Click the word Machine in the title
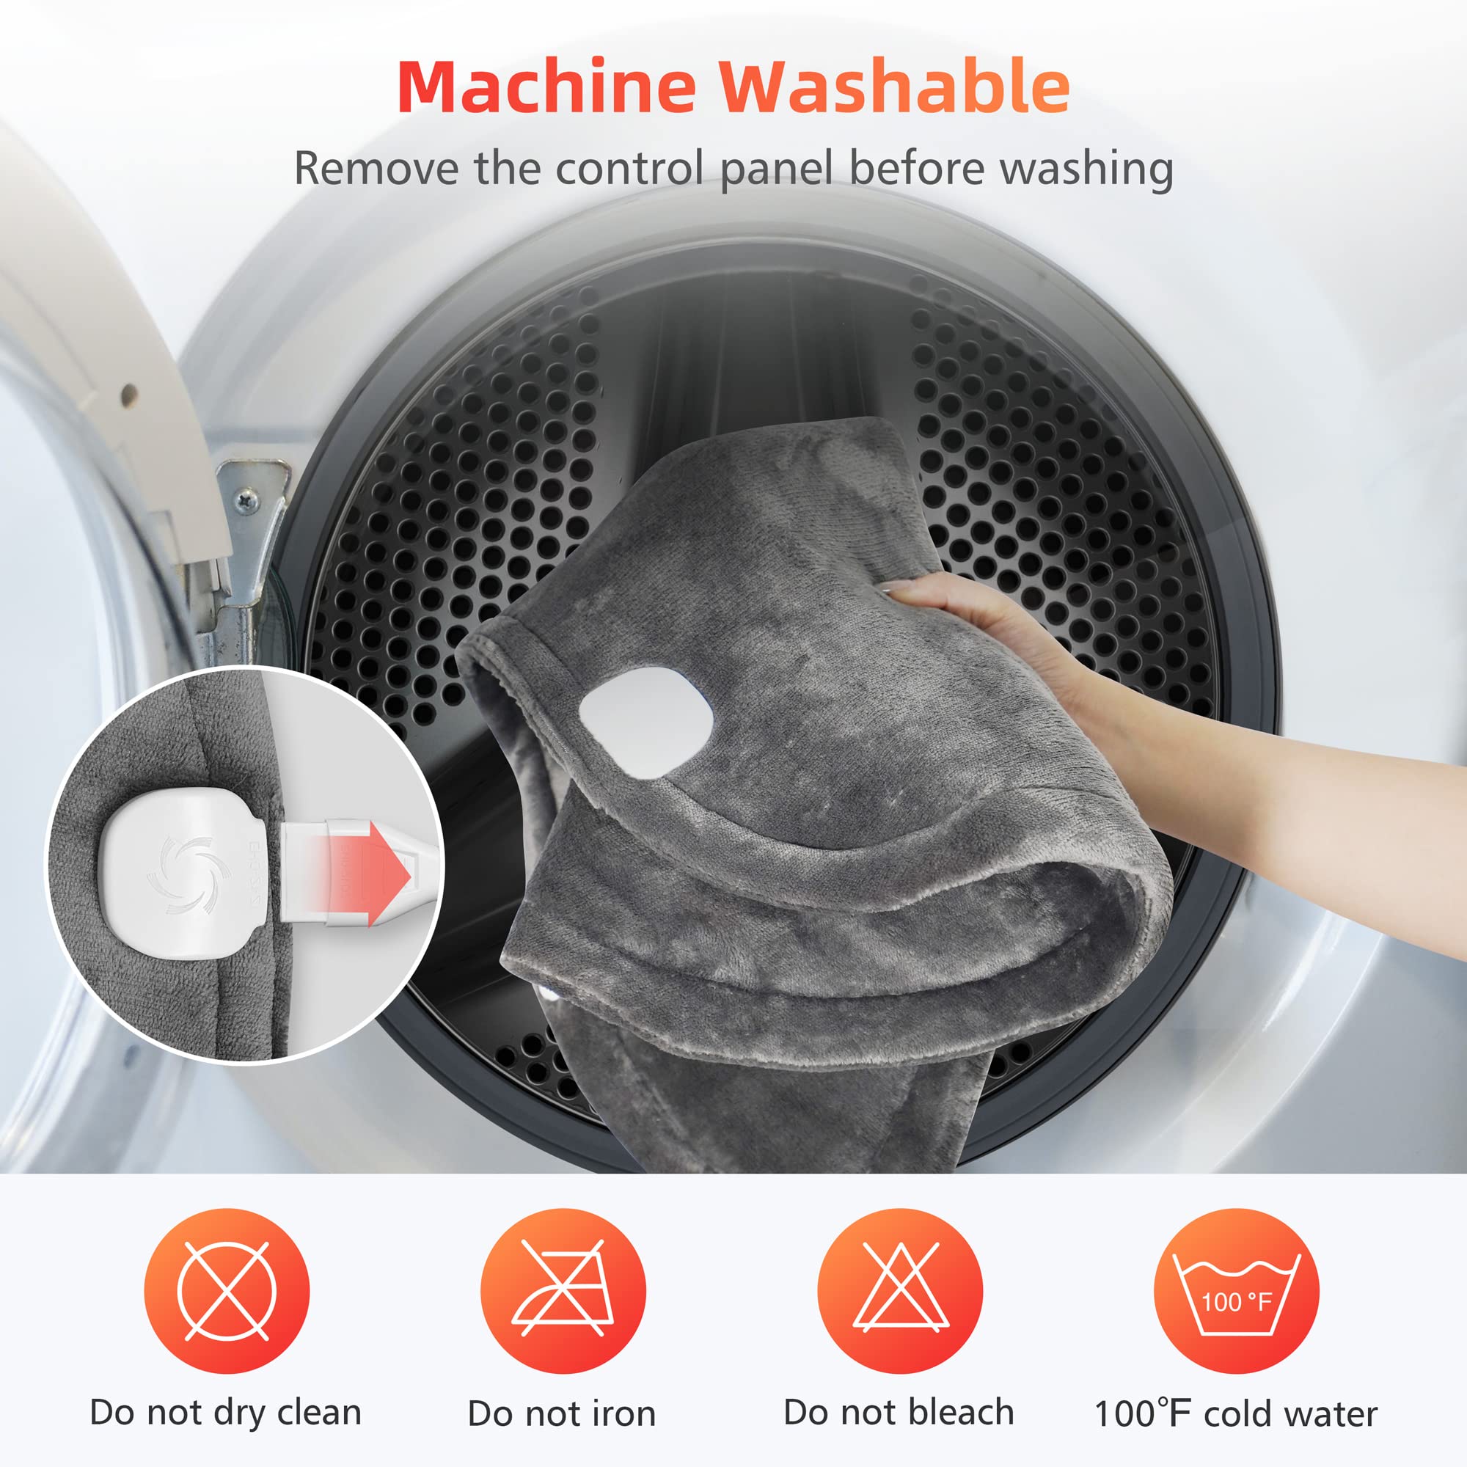coord(546,87)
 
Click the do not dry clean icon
coord(226,1291)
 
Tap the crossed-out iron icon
coord(563,1291)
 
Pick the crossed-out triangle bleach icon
coord(900,1291)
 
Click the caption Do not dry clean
coord(225,1412)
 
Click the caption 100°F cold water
coord(1235,1414)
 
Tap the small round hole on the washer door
coord(129,393)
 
